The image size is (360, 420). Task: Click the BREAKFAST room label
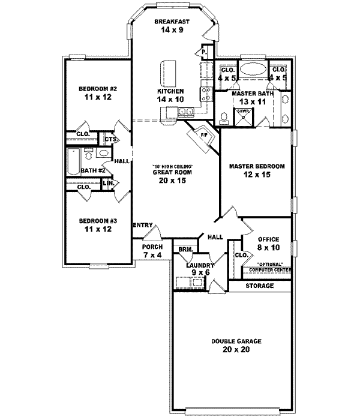[x=172, y=22]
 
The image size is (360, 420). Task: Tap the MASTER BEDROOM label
[x=256, y=166]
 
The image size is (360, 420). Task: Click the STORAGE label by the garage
[x=260, y=286]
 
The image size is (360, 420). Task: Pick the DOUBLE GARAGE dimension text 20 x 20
[x=231, y=349]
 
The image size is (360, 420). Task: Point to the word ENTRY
[x=143, y=225]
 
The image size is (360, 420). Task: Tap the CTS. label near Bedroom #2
[x=110, y=140]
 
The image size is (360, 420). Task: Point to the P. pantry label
[x=204, y=53]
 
